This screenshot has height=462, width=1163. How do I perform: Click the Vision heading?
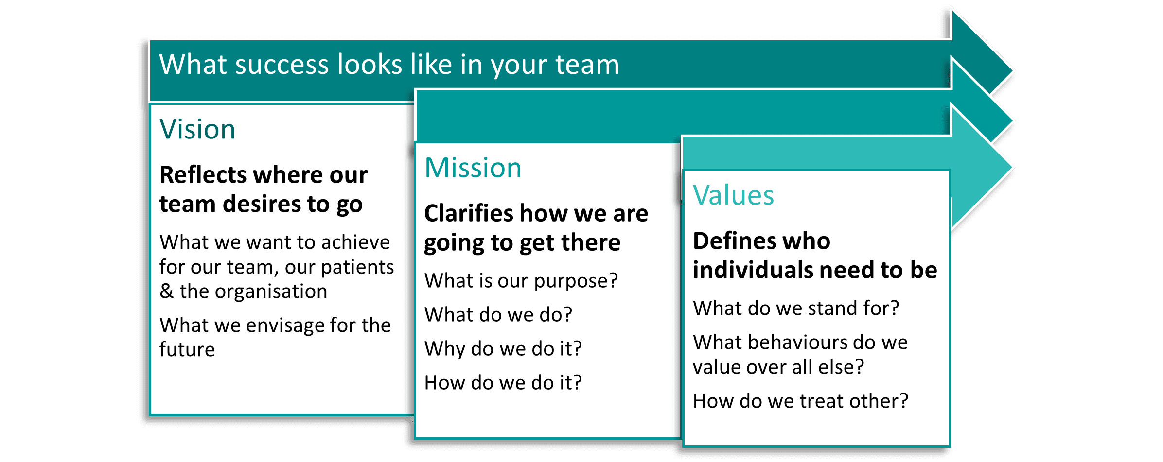click(197, 129)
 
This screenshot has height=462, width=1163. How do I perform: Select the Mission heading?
click(473, 168)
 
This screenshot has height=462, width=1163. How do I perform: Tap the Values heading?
click(733, 195)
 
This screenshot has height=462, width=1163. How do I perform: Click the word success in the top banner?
click(282, 65)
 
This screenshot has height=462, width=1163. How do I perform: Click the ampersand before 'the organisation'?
click(166, 291)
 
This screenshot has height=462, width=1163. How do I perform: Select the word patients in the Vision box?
click(357, 267)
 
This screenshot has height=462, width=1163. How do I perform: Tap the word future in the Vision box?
click(187, 349)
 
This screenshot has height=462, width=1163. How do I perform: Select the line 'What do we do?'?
click(498, 315)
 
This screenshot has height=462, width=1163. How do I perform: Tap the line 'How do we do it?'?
click(503, 383)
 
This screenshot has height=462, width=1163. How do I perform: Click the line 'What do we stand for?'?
click(796, 308)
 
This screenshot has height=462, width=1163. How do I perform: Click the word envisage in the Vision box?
click(285, 325)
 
